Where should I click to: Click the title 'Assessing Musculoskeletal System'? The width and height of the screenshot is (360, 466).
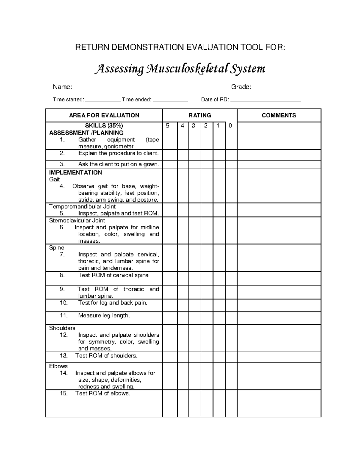180,69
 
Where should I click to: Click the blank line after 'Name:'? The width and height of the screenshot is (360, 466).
140,88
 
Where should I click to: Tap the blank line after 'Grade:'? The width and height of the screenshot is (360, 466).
276,88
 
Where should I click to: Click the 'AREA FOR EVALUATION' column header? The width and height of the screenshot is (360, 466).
104,116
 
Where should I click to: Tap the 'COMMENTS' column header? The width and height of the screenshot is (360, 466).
279,116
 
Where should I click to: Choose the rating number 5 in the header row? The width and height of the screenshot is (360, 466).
168,126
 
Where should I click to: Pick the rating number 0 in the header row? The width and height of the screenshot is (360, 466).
230,126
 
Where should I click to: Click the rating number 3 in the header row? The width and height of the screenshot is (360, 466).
194,126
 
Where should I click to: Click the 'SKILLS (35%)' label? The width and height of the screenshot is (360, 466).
104,126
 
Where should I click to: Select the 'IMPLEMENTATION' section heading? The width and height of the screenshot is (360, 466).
75,173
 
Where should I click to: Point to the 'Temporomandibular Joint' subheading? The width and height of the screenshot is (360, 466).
82,206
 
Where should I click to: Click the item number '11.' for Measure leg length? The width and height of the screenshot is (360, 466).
64,315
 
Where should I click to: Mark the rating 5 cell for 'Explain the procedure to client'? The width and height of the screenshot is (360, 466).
170,155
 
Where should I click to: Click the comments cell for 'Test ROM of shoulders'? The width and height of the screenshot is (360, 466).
279,357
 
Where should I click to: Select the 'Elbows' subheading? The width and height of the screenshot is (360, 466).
58,366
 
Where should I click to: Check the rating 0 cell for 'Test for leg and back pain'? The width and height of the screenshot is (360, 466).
231,305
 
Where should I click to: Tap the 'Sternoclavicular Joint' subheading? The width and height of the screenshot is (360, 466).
77,220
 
